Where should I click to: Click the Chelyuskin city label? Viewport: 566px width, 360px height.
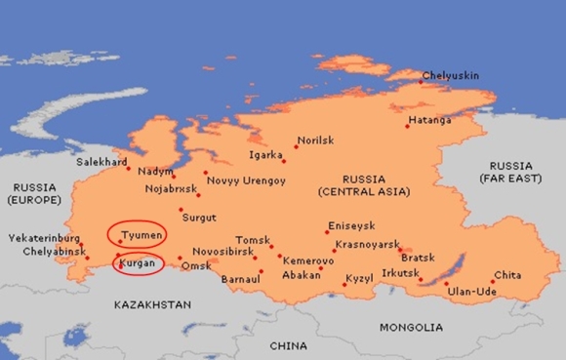coord(451,75)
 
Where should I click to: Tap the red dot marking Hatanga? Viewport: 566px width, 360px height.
coord(408,126)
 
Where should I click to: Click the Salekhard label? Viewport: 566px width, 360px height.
coord(101,160)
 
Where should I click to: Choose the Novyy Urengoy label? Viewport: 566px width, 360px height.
coord(245,181)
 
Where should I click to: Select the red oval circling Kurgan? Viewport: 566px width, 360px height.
coord(138,263)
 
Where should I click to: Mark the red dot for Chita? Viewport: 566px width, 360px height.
coord(492,282)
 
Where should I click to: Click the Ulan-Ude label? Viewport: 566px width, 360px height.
coord(470,291)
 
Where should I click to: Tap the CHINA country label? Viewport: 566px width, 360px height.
coord(288,345)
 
